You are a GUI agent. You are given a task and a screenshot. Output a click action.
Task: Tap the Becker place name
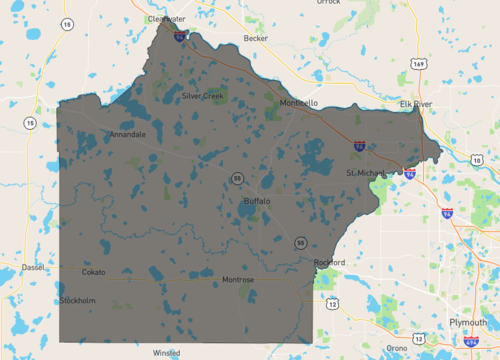coord(256,38)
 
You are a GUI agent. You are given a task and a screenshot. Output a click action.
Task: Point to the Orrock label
coord(329,2)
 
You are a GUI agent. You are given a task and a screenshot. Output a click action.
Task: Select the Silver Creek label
coord(204,96)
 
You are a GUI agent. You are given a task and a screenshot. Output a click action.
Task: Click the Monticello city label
coord(298,103)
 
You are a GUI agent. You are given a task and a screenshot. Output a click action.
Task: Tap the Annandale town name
coord(128,134)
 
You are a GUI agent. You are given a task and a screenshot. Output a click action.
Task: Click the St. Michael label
coord(365,173)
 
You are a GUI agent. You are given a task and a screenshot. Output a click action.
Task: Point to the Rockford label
coord(329,263)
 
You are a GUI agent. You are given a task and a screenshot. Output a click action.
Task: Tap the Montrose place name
coord(238,279)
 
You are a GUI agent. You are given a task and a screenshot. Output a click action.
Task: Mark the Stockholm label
coord(77,300)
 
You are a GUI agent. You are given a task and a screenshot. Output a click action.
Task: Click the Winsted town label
coord(166,353)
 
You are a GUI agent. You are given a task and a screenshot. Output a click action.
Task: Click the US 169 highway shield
coord(418,65)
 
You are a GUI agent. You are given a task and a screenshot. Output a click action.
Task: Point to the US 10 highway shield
coord(476,161)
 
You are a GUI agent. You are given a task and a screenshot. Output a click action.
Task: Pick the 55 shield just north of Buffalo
coord(237,178)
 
